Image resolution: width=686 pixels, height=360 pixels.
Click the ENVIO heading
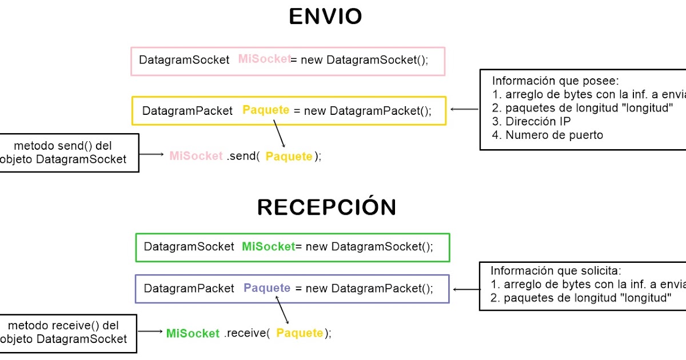point(325,17)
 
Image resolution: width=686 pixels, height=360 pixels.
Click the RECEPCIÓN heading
point(326,207)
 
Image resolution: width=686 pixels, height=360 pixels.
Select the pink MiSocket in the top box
point(264,58)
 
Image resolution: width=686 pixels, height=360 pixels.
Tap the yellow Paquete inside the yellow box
point(266,110)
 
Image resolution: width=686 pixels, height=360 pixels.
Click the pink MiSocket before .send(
point(196,155)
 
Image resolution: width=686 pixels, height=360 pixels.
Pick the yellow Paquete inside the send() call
point(289,157)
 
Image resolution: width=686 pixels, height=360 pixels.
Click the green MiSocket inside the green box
point(268,246)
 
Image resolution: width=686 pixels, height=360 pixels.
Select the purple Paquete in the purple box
point(267,288)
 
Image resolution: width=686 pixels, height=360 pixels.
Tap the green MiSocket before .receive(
point(193,333)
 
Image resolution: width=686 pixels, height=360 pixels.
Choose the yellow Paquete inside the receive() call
point(300,333)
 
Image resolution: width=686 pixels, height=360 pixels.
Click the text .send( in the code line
point(243,156)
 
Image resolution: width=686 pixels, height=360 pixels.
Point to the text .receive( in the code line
point(246,333)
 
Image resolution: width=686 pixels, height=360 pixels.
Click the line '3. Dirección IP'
point(531,122)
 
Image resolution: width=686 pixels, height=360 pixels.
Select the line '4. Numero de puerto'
point(547,135)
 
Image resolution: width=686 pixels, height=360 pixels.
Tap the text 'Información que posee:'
point(555,81)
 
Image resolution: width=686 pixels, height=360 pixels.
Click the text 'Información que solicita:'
point(555,271)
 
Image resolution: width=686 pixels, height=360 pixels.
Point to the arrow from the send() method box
point(151,154)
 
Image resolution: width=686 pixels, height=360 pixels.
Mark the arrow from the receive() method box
point(151,331)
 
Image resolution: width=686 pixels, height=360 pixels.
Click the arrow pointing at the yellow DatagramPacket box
point(464,109)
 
